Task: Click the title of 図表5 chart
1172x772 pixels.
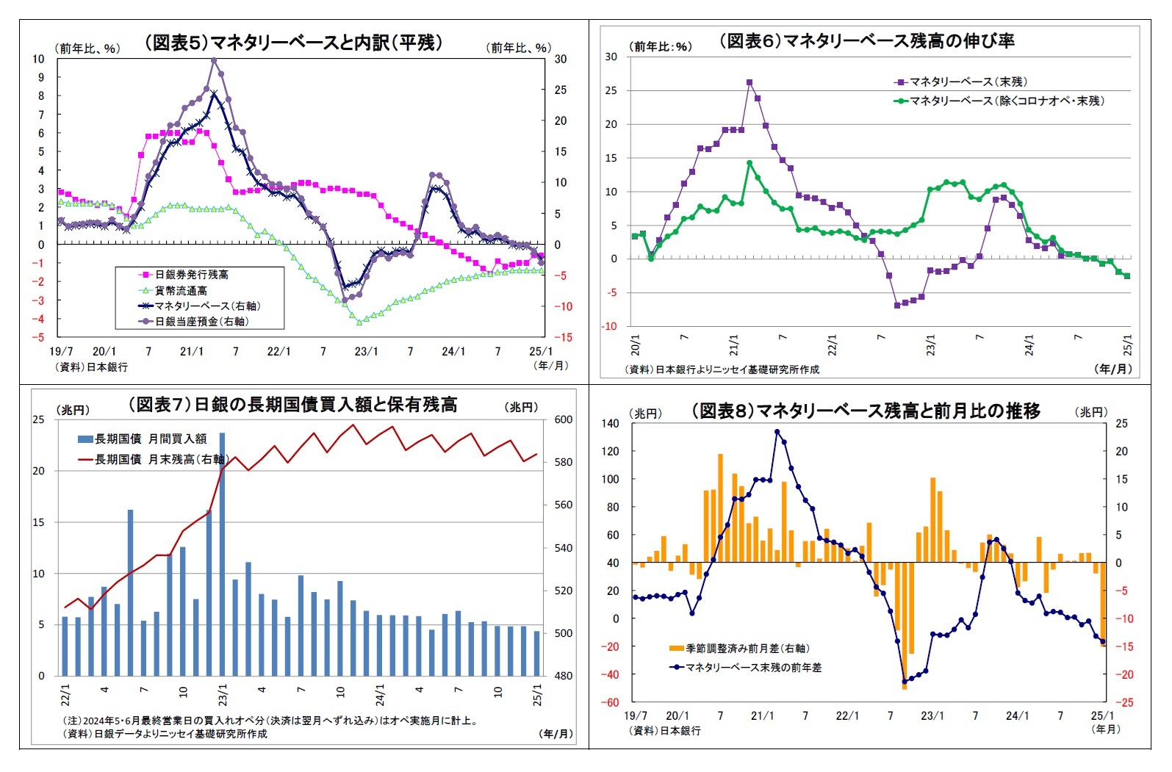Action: [x=293, y=43]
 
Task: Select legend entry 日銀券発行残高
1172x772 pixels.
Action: [x=191, y=275]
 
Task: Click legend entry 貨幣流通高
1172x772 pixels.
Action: [x=181, y=291]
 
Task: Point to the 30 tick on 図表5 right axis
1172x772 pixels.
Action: [x=560, y=59]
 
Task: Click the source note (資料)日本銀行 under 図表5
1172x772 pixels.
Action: [x=91, y=367]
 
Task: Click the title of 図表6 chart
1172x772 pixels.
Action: [x=866, y=41]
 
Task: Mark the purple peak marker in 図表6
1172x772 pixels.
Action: [x=749, y=83]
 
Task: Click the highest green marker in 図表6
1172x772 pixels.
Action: [x=749, y=163]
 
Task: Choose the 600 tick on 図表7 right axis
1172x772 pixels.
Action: [x=563, y=420]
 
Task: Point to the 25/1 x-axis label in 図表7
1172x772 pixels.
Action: [x=537, y=695]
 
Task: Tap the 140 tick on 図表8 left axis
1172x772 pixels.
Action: [x=610, y=423]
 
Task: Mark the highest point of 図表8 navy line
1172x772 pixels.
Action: [x=777, y=432]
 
